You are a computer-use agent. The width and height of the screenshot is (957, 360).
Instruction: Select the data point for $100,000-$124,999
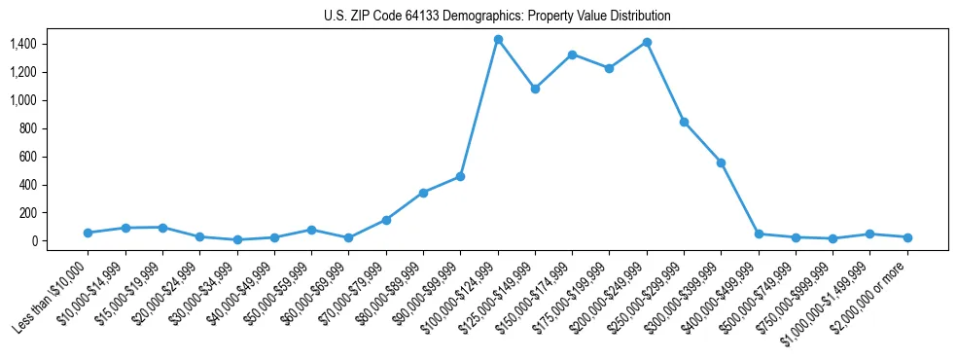498,40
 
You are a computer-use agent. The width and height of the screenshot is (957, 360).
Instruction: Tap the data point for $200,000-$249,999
647,43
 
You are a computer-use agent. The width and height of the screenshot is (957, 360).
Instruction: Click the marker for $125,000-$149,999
535,89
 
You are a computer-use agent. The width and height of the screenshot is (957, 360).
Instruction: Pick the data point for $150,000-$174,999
572,54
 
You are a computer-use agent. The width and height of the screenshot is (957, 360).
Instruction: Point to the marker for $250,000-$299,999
684,122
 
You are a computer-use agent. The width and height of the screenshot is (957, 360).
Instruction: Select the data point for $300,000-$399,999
721,162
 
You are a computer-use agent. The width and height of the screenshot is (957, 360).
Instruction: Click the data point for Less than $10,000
88,233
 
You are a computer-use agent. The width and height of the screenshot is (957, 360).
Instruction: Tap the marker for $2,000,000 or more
907,237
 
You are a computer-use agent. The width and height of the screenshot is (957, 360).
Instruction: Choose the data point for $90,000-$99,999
460,176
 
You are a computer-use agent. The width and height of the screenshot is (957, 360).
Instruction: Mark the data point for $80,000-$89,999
423,193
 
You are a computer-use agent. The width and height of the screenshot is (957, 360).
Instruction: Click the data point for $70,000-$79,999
386,220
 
